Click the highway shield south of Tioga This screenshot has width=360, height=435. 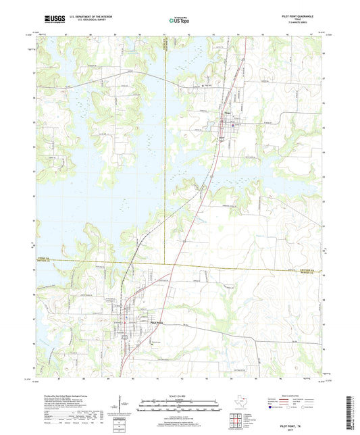pyautogui.click(x=221, y=137)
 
